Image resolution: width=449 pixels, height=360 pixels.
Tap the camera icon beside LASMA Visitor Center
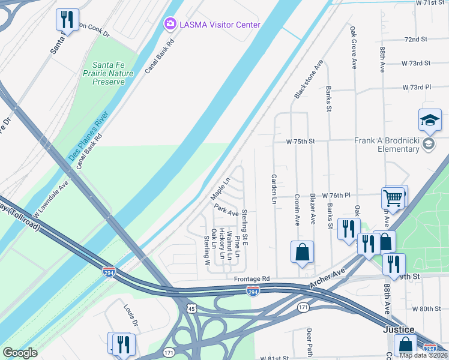coord(170,24)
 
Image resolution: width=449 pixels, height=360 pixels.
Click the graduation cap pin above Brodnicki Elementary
coord(430,121)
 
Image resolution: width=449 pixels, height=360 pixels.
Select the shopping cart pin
coord(393,197)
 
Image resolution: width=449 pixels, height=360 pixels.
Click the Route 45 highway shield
coord(191,308)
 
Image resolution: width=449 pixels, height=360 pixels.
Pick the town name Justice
coord(400,330)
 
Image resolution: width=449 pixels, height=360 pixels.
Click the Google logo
coord(20,352)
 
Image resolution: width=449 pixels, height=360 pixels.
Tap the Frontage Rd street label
coord(252,279)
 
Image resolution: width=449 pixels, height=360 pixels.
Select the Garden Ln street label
coord(274,188)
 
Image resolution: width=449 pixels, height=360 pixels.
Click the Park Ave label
coord(226,210)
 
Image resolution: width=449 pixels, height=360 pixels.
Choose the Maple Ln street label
coord(220,189)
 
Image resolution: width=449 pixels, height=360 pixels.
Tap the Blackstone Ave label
coord(309,79)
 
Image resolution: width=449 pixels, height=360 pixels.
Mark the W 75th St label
coord(301,142)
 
